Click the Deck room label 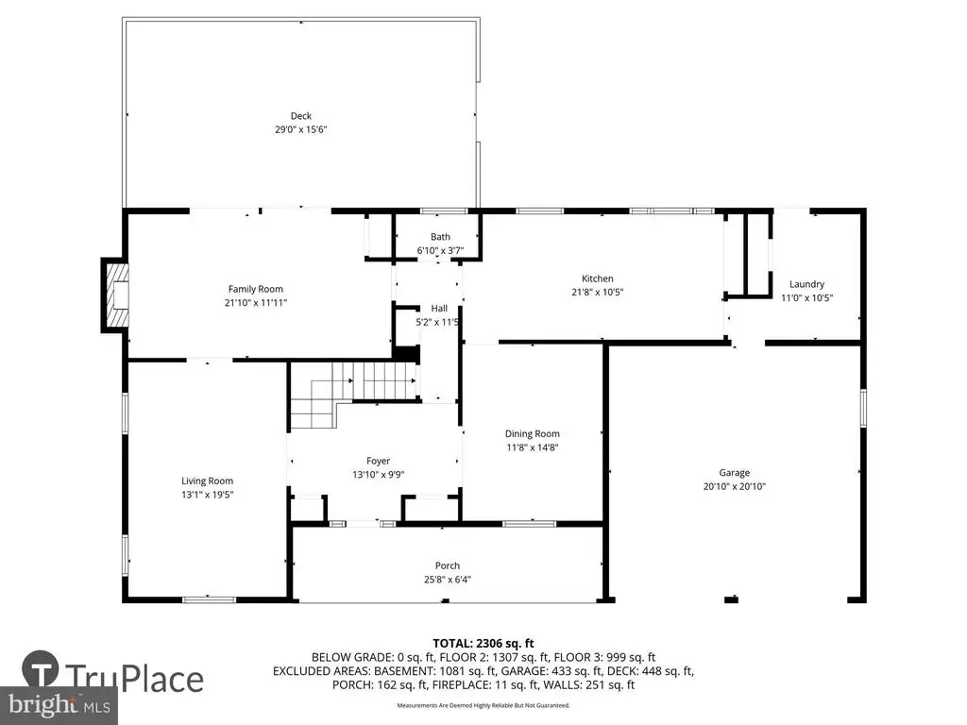[301, 116]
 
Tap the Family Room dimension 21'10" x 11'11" [256, 303]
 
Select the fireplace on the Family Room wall [116, 295]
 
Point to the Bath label [440, 237]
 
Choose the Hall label [439, 309]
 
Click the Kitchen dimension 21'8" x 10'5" [598, 293]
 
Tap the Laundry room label [806, 284]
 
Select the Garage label [735, 473]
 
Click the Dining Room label [533, 434]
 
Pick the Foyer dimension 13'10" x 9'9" [379, 475]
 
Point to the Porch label [448, 566]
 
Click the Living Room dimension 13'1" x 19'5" [207, 495]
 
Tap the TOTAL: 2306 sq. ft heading [483, 644]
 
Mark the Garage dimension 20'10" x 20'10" [735, 486]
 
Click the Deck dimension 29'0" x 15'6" [301, 129]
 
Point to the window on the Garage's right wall [863, 408]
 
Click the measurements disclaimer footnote [483, 705]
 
